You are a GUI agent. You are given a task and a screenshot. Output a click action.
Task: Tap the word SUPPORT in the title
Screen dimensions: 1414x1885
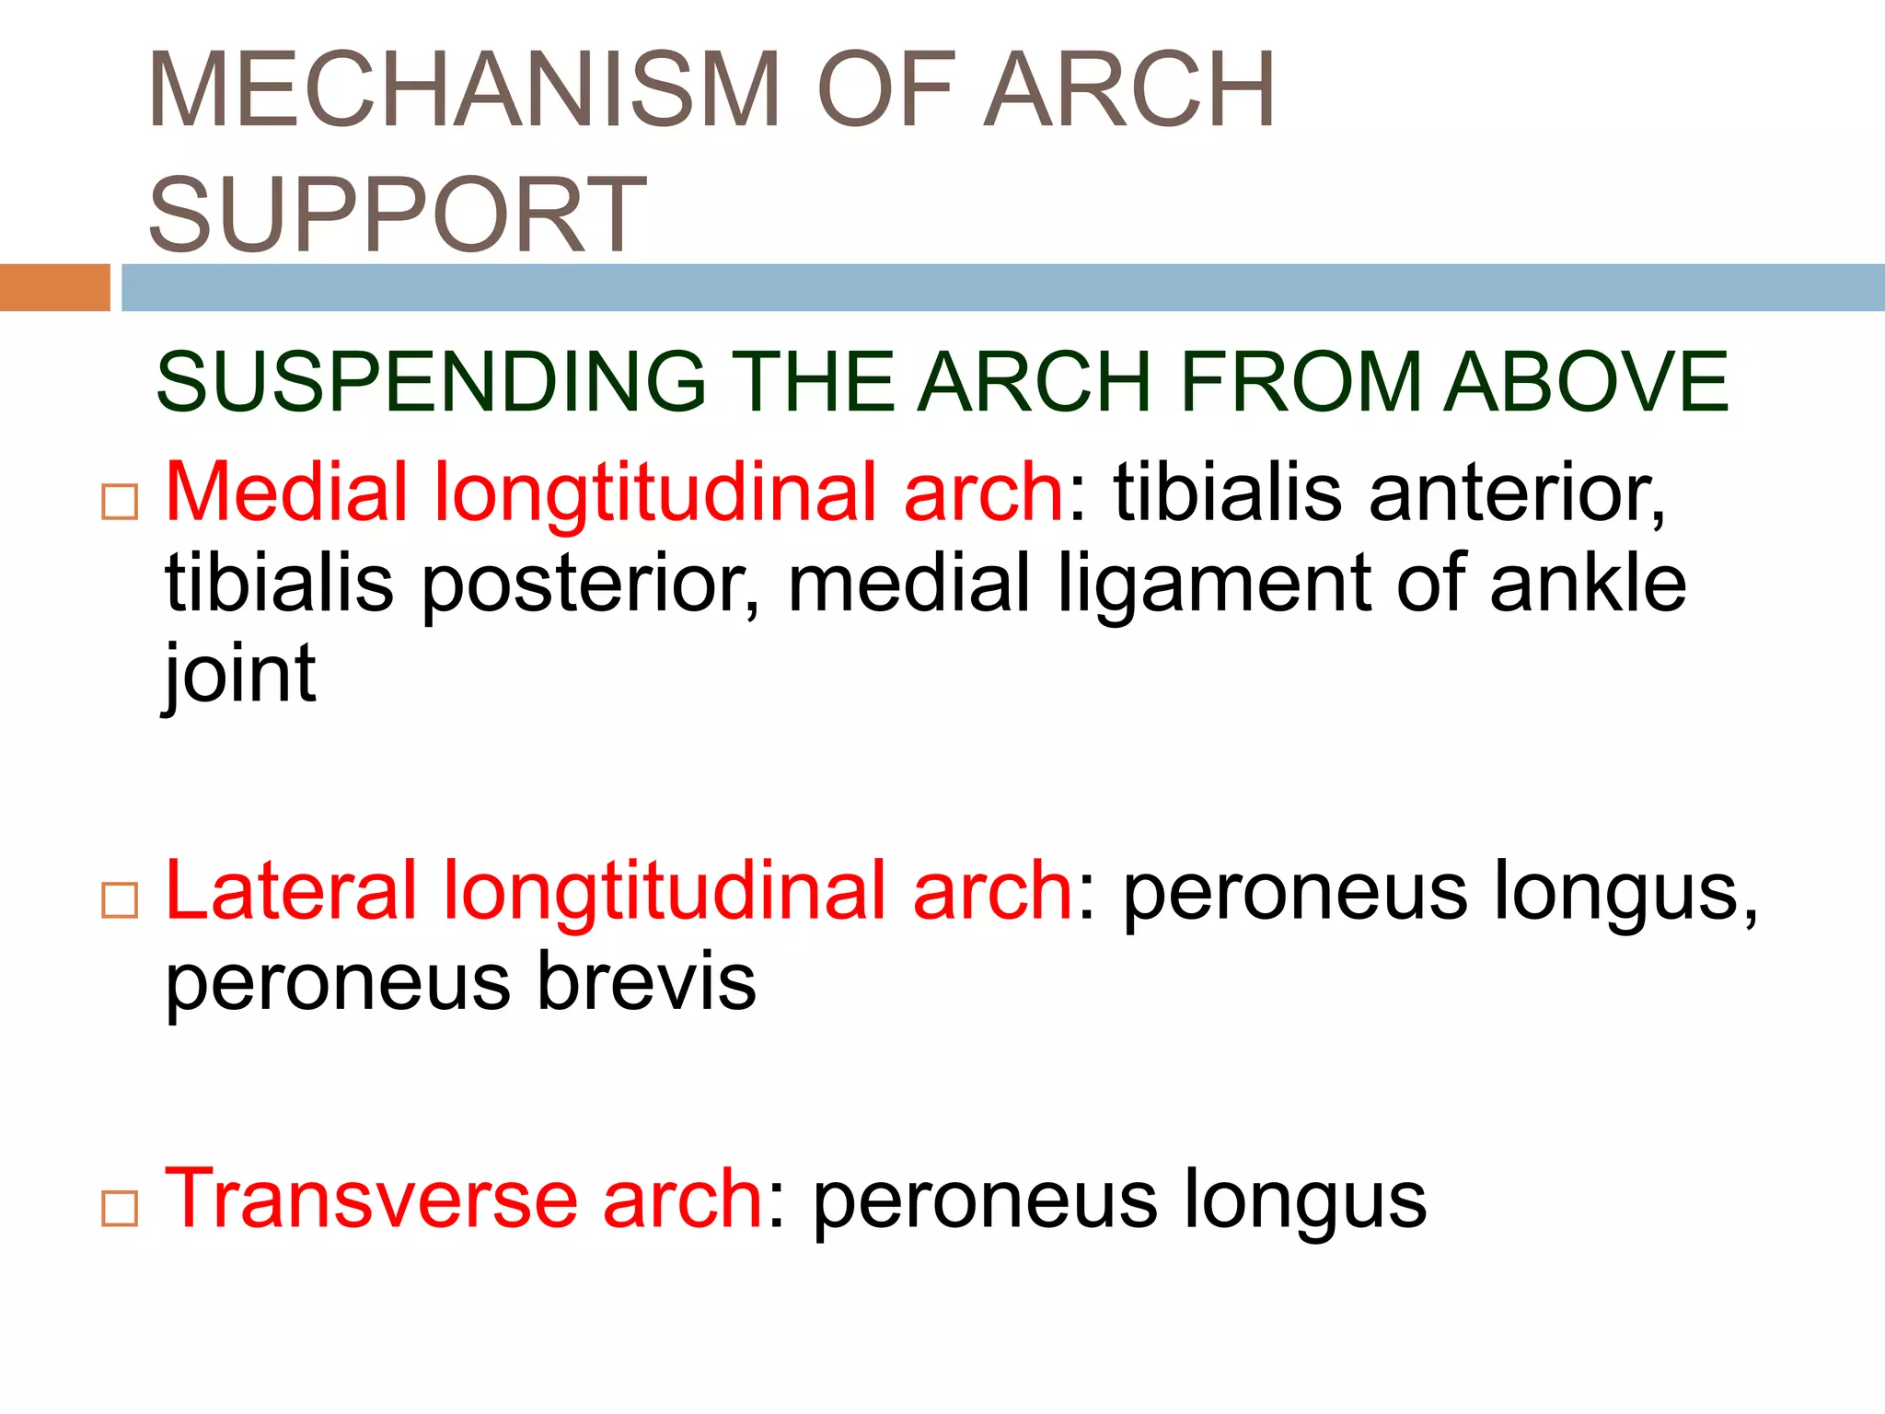tap(398, 215)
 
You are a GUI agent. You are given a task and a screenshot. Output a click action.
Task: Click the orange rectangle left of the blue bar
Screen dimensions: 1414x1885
tap(54, 287)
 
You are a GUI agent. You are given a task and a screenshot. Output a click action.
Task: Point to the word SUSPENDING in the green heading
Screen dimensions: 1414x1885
tap(431, 381)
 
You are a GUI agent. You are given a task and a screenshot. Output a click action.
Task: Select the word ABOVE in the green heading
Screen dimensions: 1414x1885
tap(1586, 381)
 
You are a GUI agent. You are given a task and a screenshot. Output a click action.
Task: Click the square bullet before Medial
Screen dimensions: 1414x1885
tap(120, 503)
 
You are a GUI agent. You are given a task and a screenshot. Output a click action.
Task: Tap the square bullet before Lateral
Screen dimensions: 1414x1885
tap(120, 900)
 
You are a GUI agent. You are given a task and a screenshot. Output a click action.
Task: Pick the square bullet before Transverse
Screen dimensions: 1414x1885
tap(120, 1209)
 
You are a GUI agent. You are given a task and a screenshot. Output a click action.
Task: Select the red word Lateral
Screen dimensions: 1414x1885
tap(291, 890)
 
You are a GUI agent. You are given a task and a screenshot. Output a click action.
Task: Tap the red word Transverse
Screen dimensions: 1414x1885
tap(369, 1199)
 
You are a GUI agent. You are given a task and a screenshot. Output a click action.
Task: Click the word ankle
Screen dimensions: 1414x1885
tap(1588, 584)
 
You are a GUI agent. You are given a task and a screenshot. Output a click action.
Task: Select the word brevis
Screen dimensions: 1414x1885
tap(646, 982)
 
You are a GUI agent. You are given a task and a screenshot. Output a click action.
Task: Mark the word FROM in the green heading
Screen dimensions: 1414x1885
tap(1301, 381)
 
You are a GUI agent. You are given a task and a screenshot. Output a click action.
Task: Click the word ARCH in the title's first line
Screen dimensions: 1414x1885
tap(1130, 90)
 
